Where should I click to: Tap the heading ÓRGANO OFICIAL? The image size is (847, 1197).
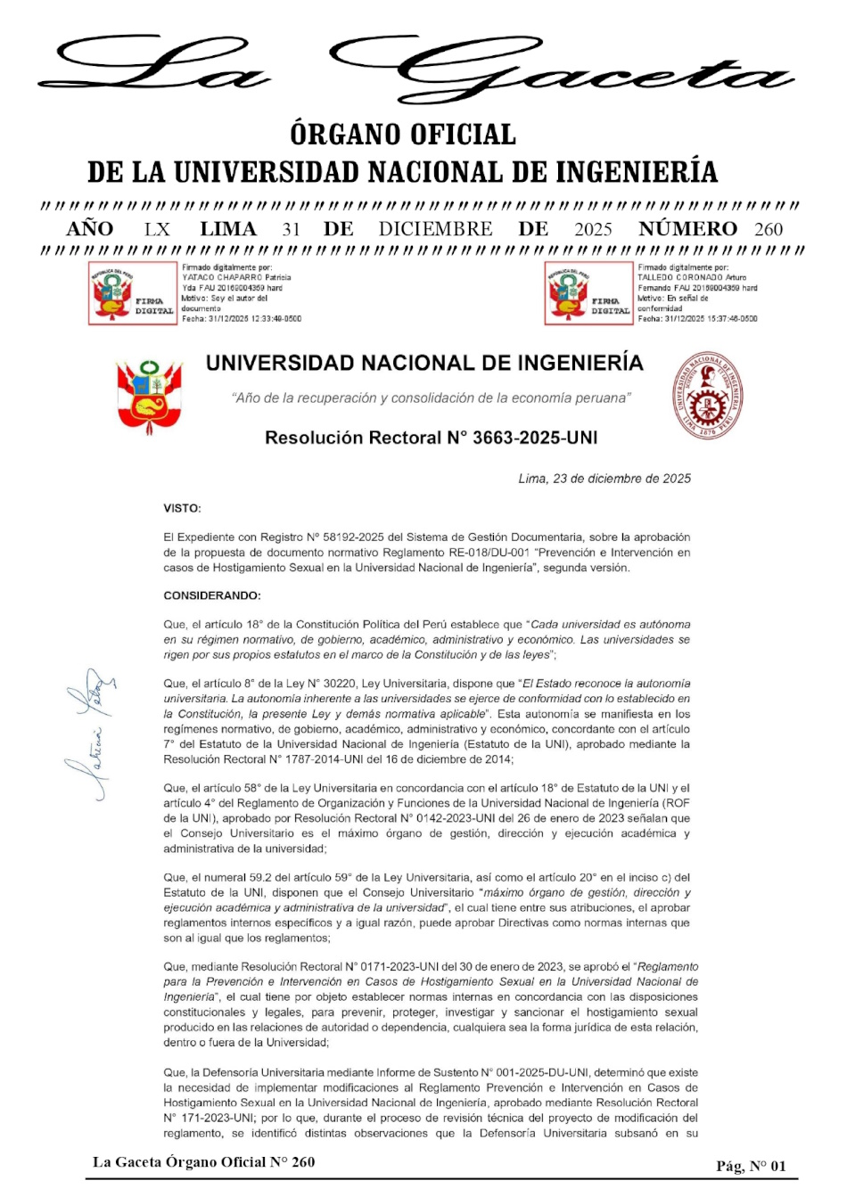tap(403, 135)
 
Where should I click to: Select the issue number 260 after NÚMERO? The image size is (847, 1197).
tap(769, 229)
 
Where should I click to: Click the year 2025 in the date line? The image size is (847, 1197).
tap(593, 229)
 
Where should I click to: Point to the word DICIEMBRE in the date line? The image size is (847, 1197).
tap(435, 229)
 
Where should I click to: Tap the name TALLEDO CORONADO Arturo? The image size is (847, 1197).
tap(692, 277)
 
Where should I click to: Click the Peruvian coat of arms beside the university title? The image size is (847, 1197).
tap(149, 396)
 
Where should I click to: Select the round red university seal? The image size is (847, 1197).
tap(708, 395)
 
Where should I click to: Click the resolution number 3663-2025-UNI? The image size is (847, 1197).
tap(535, 438)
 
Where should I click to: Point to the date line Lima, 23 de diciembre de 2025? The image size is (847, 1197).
tap(604, 479)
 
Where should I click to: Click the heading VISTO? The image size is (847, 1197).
tap(182, 508)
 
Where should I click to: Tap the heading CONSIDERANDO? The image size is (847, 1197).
tap(212, 595)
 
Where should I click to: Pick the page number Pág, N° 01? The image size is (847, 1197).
tap(751, 1166)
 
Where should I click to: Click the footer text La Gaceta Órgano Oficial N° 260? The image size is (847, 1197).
tap(203, 1161)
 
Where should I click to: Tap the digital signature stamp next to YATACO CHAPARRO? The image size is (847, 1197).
tap(133, 292)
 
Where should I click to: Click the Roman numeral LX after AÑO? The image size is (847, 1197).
tap(157, 229)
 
